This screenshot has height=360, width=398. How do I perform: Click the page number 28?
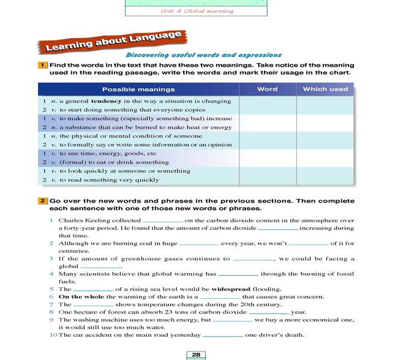196,354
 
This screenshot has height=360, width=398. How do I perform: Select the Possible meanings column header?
138,89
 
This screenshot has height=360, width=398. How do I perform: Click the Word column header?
267,89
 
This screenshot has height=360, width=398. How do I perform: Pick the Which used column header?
325,89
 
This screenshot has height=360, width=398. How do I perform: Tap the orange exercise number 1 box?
43,65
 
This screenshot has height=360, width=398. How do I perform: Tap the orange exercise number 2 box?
43,200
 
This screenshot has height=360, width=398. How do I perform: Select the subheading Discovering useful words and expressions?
203,55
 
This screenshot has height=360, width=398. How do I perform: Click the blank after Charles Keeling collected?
162,222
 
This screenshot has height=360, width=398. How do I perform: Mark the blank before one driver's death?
223,336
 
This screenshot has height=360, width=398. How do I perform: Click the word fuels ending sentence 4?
67,282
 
